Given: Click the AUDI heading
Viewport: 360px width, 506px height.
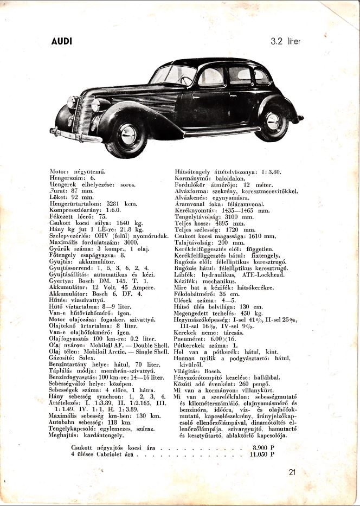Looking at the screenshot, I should [61, 42].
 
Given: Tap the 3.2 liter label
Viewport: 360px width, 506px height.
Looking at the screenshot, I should [286, 41].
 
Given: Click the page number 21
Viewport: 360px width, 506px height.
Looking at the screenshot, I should [293, 471].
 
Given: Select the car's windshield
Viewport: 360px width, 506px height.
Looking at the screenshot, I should [173, 74].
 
